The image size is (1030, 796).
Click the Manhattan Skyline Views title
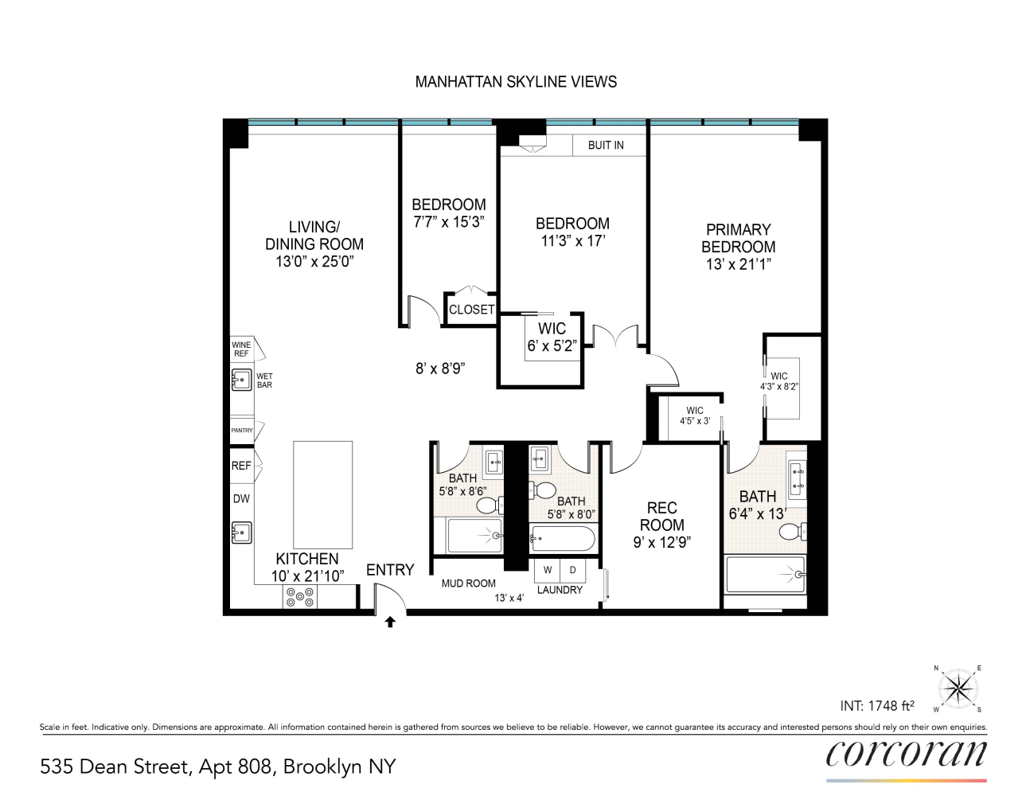click(x=516, y=82)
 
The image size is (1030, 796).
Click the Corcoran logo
click(x=906, y=753)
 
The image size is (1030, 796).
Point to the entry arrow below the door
click(x=390, y=622)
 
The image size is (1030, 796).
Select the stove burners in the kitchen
click(x=300, y=597)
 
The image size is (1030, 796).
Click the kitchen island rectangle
click(x=322, y=494)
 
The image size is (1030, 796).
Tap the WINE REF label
click(x=241, y=349)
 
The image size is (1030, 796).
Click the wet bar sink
click(x=241, y=380)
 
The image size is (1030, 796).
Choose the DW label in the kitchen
click(x=241, y=499)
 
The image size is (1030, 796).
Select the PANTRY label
click(x=242, y=431)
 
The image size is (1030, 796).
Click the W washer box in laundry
click(x=548, y=570)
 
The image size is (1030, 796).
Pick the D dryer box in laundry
click(x=572, y=570)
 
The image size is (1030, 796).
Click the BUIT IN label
click(x=606, y=145)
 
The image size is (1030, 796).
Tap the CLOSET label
click(x=471, y=310)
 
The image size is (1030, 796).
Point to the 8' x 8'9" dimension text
click(x=440, y=369)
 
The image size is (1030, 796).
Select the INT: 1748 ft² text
click(x=877, y=706)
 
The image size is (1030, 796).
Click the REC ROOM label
click(x=661, y=525)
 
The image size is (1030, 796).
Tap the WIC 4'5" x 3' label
click(x=694, y=416)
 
